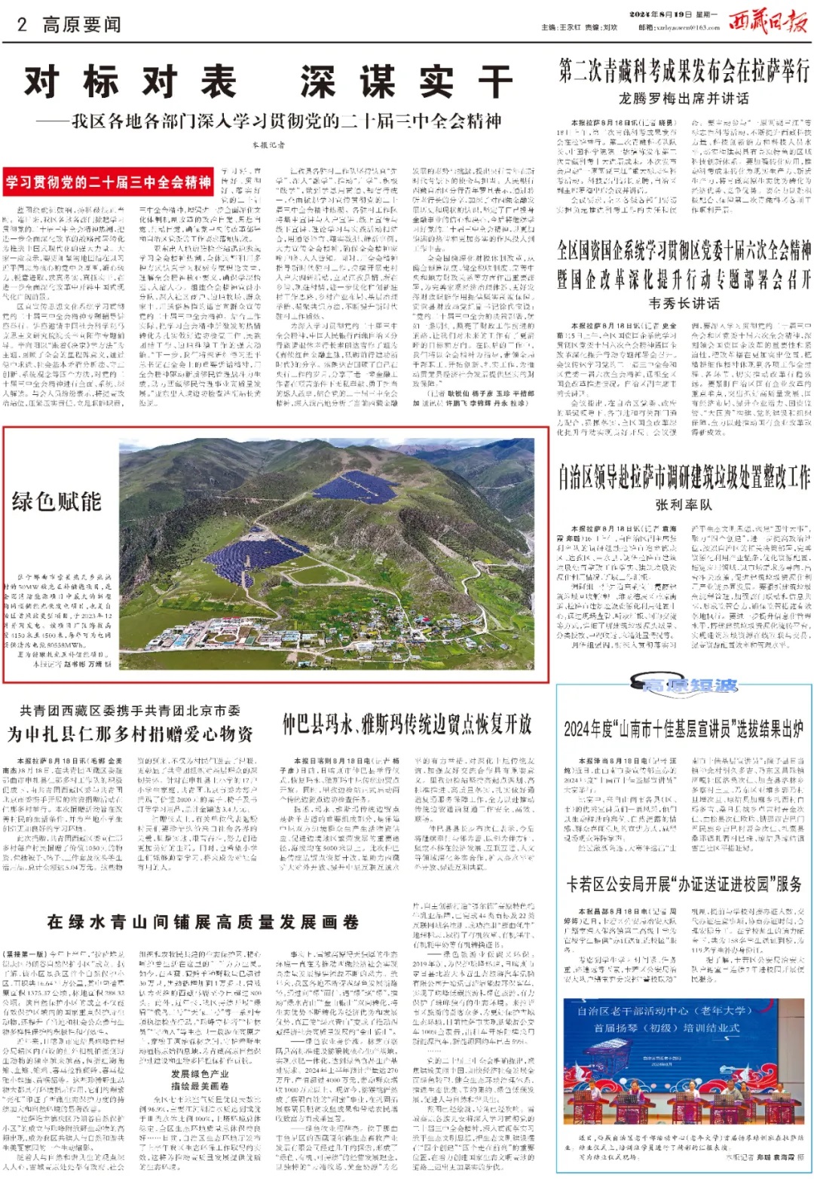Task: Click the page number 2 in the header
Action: click(23, 24)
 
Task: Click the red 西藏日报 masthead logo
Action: click(767, 22)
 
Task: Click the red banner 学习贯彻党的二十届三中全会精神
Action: click(109, 182)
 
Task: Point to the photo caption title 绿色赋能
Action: click(57, 501)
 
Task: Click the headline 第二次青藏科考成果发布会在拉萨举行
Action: click(684, 72)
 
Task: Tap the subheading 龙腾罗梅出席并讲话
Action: click(684, 99)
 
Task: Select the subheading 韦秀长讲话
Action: click(684, 303)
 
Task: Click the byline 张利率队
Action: click(684, 504)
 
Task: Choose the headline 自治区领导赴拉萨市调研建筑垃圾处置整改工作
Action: click(684, 477)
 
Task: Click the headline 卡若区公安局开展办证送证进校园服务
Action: click(684, 883)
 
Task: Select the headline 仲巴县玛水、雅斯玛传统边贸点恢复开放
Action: click(407, 724)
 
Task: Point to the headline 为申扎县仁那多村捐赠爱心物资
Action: click(130, 733)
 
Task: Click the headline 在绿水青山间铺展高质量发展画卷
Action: click(203, 921)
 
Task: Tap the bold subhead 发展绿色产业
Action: click(200, 1073)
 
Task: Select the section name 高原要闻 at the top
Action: click(81, 24)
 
